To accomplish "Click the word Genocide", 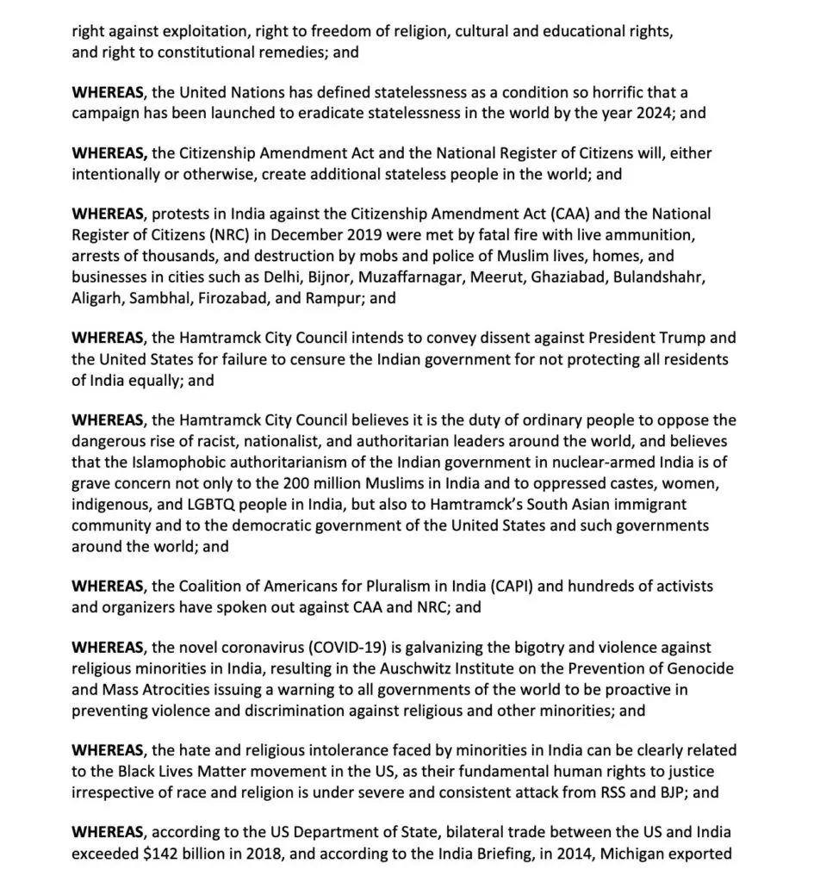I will point(693,668).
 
